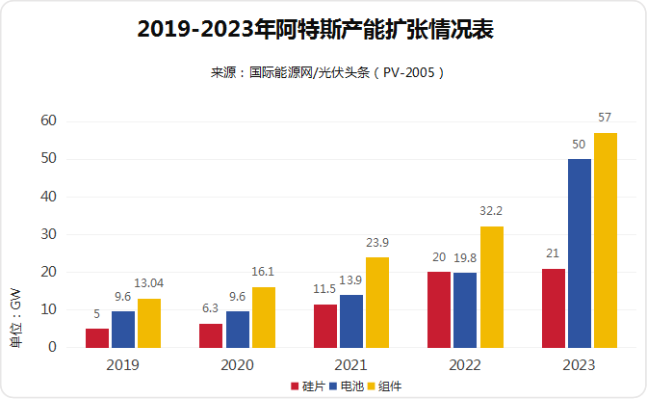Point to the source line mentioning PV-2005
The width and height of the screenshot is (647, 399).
[325, 72]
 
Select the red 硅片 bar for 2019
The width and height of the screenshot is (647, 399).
[97, 337]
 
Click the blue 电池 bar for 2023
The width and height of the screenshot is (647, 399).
[580, 253]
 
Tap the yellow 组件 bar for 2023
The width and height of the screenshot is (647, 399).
[606, 240]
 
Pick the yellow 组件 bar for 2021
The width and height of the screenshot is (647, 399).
[377, 302]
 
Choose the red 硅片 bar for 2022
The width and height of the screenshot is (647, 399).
[439, 309]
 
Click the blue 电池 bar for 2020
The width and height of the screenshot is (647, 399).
[238, 329]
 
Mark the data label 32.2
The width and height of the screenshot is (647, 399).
[491, 210]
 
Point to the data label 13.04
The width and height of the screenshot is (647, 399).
[149, 283]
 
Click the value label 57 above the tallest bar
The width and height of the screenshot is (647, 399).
[605, 118]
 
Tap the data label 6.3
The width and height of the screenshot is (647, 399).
[211, 308]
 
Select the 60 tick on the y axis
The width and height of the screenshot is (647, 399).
[48, 120]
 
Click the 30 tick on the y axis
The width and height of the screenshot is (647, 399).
[48, 234]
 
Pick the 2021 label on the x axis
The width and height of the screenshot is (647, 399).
[351, 365]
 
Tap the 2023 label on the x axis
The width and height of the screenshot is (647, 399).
[580, 365]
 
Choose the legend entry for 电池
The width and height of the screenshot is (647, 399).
[345, 386]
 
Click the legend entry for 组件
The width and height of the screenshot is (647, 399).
[383, 386]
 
